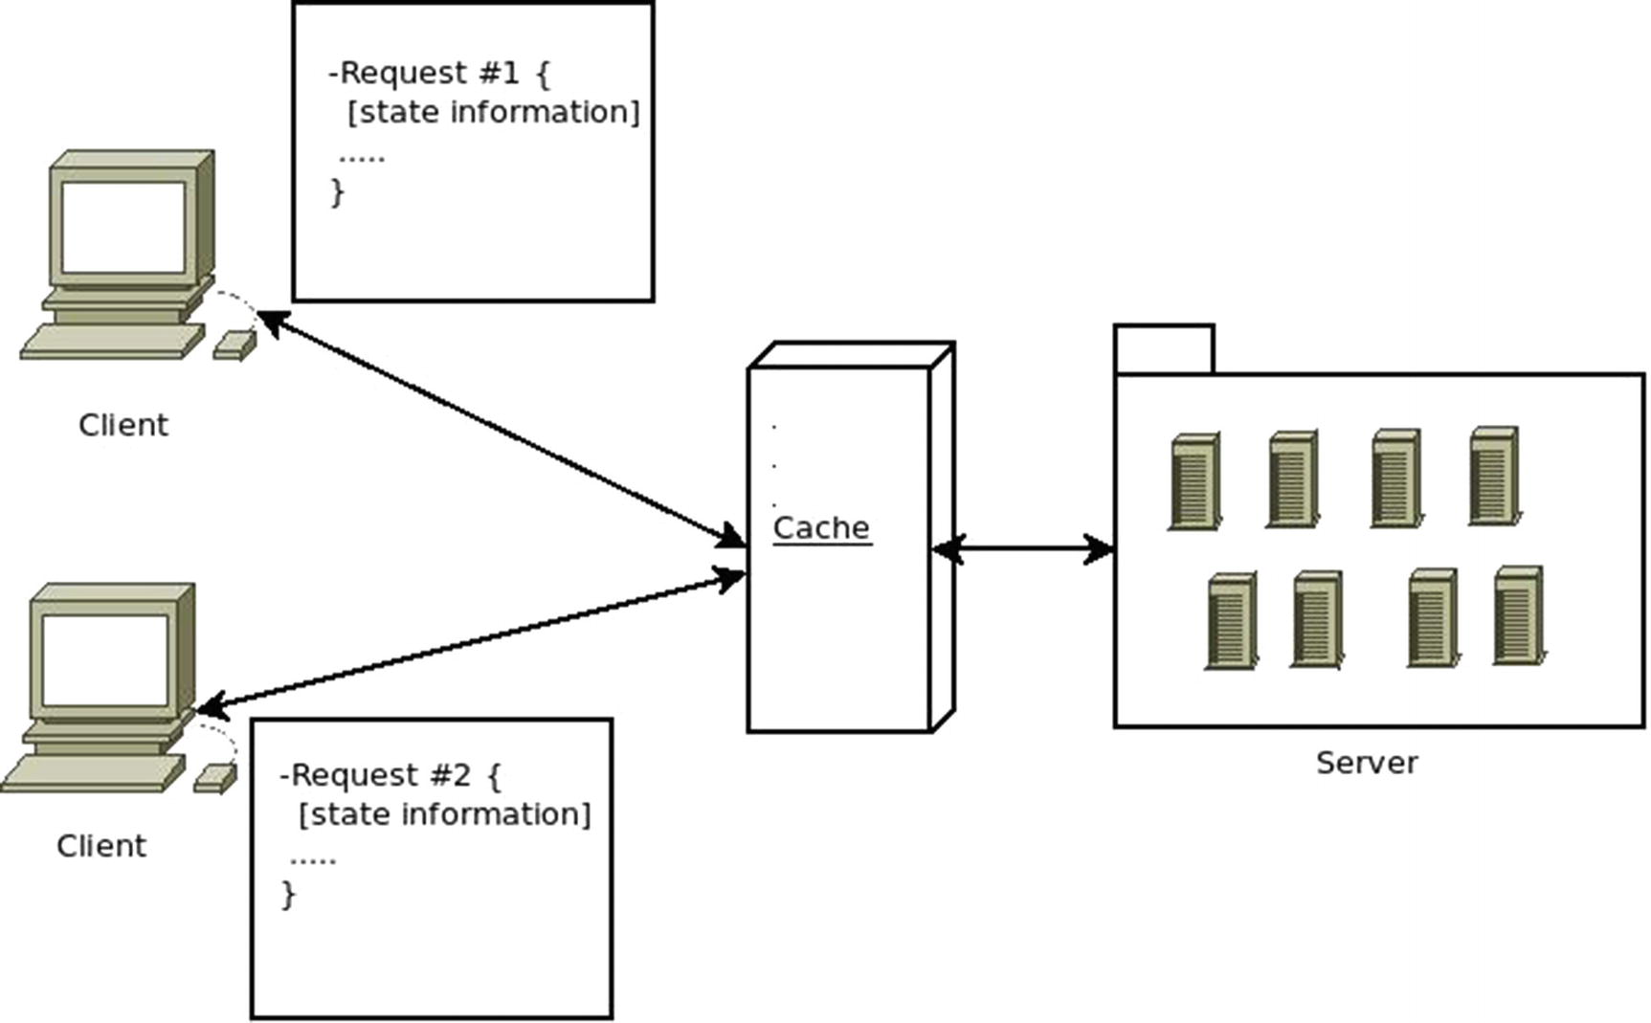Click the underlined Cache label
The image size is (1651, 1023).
pyautogui.click(x=821, y=528)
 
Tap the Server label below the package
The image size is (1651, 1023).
pyautogui.click(x=1366, y=763)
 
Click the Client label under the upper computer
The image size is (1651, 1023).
pyautogui.click(x=123, y=425)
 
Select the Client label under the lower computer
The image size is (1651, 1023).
pyautogui.click(x=101, y=846)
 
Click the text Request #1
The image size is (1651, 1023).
pyautogui.click(x=429, y=73)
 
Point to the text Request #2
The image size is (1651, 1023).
pyautogui.click(x=380, y=775)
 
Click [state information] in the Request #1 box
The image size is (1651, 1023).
pyautogui.click(x=493, y=113)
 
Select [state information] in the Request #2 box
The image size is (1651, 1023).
pyautogui.click(x=445, y=815)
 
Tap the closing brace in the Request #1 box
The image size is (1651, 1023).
pyautogui.click(x=337, y=192)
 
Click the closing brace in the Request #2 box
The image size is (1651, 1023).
pyautogui.click(x=289, y=895)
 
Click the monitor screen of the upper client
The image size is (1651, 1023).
pyautogui.click(x=123, y=227)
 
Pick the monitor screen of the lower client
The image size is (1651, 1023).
pyautogui.click(x=104, y=661)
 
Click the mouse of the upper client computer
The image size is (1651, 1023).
pyautogui.click(x=235, y=345)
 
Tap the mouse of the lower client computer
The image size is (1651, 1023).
pyautogui.click(x=215, y=778)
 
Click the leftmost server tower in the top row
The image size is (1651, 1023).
pyautogui.click(x=1194, y=481)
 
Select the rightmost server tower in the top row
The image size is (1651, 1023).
pyautogui.click(x=1494, y=476)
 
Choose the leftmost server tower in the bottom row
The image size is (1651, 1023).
pyautogui.click(x=1231, y=621)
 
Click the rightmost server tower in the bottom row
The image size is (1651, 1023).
pyautogui.click(x=1519, y=615)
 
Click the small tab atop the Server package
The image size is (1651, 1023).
pyautogui.click(x=1164, y=349)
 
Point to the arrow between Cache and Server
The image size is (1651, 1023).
pyautogui.click(x=1022, y=549)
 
